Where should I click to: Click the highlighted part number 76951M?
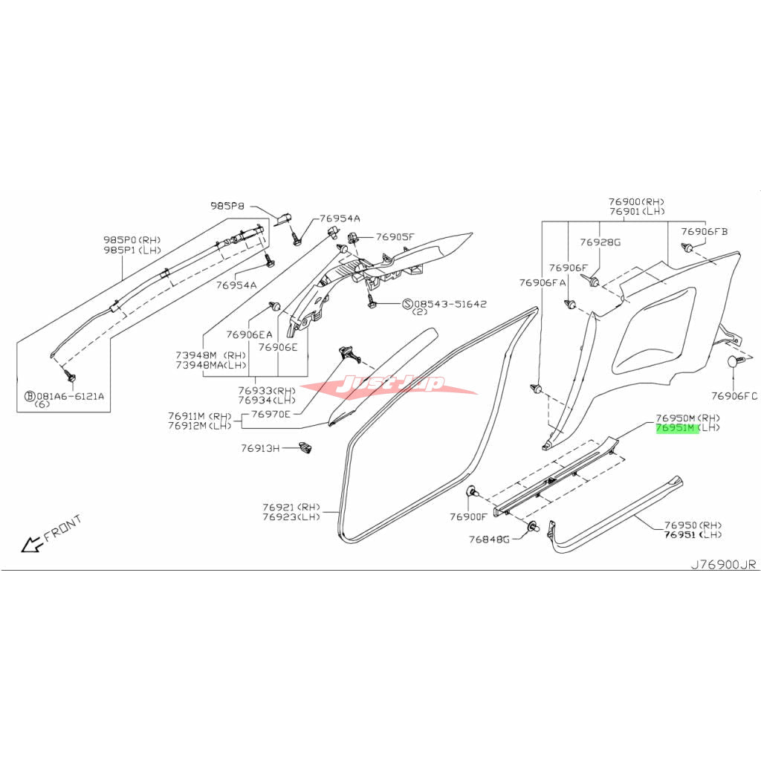(676, 429)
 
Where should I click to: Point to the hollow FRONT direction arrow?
(31, 545)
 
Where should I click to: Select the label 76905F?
(394, 236)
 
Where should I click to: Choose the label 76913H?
(259, 448)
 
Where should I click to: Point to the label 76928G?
(600, 242)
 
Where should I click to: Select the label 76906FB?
(704, 231)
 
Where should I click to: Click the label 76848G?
(488, 539)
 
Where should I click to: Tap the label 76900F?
(468, 516)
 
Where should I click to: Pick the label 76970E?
(271, 413)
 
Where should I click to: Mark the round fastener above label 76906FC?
(735, 362)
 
